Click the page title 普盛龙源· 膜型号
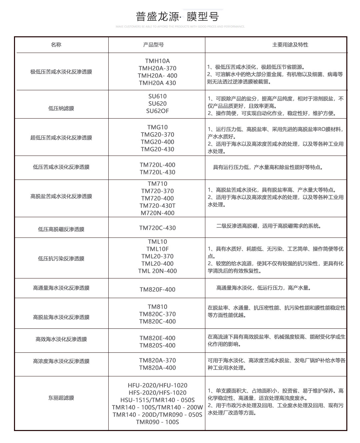(x=177, y=17)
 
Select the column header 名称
(x=56, y=45)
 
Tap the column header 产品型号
(x=153, y=45)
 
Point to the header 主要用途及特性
(x=290, y=45)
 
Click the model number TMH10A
(x=157, y=61)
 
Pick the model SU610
(x=157, y=96)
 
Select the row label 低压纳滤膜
(x=61, y=108)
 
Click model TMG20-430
(x=157, y=149)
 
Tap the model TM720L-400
(x=157, y=165)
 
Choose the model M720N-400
(x=157, y=213)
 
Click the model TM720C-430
(x=157, y=228)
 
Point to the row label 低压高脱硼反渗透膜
(x=61, y=229)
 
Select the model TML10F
(x=157, y=249)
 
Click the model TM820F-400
(x=157, y=289)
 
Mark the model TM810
(x=157, y=307)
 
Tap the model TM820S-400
(x=157, y=345)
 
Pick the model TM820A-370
(x=157, y=360)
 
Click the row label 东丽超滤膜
(x=61, y=398)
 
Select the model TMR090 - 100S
(x=157, y=422)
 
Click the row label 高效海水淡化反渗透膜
(x=61, y=339)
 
